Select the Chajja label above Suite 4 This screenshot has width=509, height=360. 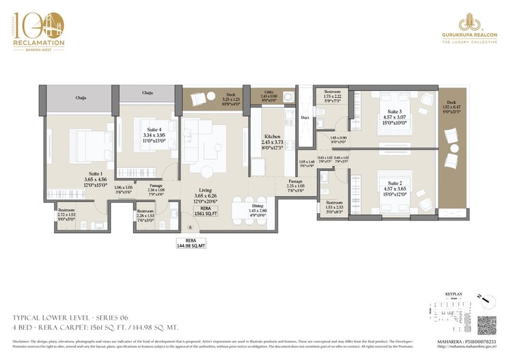click(x=148, y=92)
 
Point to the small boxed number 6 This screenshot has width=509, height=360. click(x=189, y=226)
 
